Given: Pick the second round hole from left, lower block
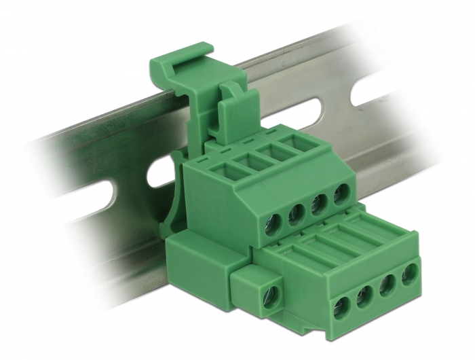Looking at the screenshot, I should [365, 295].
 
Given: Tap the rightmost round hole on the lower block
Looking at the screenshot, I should [410, 274].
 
